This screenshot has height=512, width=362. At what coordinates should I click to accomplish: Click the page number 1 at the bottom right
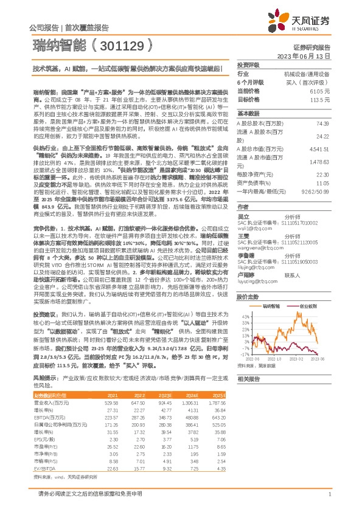click(329, 494)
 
